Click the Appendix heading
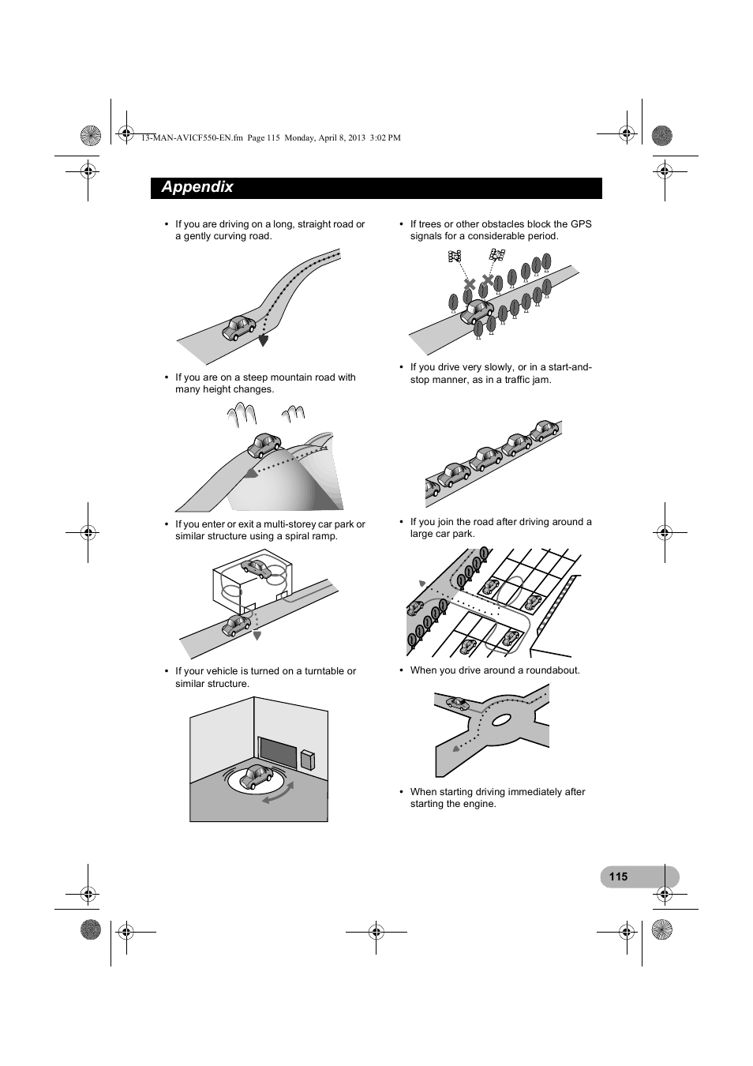197,187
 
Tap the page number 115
618,876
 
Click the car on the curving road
240,327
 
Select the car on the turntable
257,777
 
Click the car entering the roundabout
457,703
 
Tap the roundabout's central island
502,720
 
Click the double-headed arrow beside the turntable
278,793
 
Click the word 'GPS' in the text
581,224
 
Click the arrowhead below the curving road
264,341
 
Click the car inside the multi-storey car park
256,567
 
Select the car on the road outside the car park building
236,625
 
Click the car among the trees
476,311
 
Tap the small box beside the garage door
307,759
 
